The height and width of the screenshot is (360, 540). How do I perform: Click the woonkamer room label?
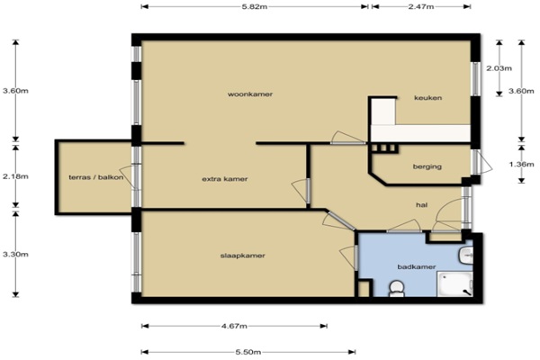[250, 94]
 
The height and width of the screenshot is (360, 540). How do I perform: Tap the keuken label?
[427, 98]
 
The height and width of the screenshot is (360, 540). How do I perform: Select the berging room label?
[427, 166]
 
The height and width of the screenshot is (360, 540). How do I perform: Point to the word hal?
[421, 205]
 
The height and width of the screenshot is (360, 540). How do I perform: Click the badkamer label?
[417, 266]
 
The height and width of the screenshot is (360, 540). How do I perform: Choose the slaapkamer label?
[242, 256]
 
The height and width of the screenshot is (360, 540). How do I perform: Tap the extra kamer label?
[224, 179]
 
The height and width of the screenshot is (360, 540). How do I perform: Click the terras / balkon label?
[96, 177]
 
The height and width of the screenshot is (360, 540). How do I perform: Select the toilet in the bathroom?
[396, 289]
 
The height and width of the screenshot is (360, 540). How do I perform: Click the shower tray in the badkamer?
[454, 283]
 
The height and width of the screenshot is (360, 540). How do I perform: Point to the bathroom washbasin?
[465, 256]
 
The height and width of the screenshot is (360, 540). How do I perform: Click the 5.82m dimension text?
[255, 7]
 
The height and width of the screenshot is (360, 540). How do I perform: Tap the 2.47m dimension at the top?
[421, 7]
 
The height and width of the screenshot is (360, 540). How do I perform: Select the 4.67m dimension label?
[234, 326]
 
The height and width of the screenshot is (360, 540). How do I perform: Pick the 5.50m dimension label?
[248, 352]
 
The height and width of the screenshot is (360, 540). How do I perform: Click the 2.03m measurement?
[499, 68]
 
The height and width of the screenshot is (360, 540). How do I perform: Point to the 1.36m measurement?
[521, 165]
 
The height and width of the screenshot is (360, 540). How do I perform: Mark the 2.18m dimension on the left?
[15, 176]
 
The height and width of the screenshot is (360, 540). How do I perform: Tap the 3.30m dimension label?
[15, 254]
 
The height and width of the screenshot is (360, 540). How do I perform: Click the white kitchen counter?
[420, 132]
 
